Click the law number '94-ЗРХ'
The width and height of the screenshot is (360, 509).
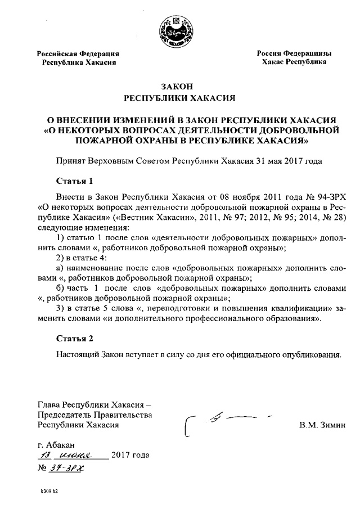[x=325, y=200]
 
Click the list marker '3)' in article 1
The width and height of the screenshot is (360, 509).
[x=61, y=309]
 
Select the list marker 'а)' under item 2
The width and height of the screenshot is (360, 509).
[x=61, y=268]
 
